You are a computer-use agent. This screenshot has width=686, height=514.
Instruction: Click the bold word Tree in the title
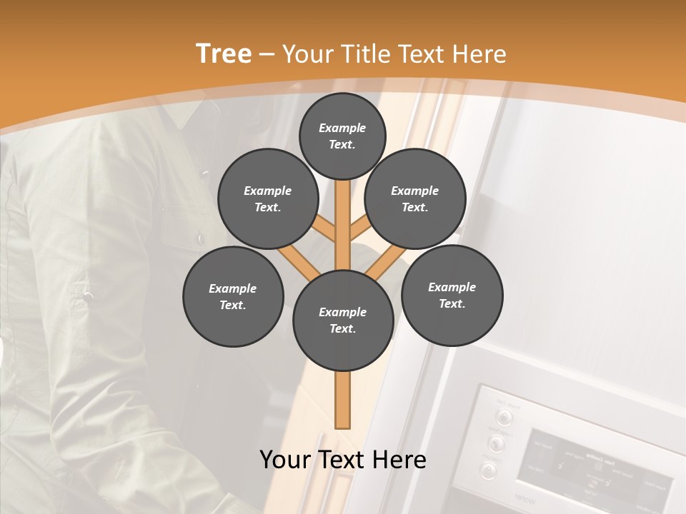coord(224,54)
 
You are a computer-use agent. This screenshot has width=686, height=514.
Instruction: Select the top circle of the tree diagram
coord(342,136)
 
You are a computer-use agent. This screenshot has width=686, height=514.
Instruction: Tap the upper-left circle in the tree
coord(268,198)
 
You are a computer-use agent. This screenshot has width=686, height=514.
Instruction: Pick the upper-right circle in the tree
coord(415,198)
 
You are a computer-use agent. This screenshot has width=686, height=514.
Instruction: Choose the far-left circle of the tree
coord(233,296)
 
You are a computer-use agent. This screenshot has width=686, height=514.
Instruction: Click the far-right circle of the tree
coord(452,295)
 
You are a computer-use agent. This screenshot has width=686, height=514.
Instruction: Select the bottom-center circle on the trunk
coord(343,320)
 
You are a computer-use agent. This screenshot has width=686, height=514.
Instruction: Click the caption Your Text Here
coord(343,460)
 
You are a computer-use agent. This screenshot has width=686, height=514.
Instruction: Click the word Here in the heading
coord(480,54)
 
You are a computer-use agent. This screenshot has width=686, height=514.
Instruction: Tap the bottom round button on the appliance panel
coord(489,470)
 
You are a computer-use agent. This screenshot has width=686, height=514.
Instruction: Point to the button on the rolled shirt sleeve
coord(87,294)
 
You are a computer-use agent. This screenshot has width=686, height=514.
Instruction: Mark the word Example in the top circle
coord(342,128)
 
